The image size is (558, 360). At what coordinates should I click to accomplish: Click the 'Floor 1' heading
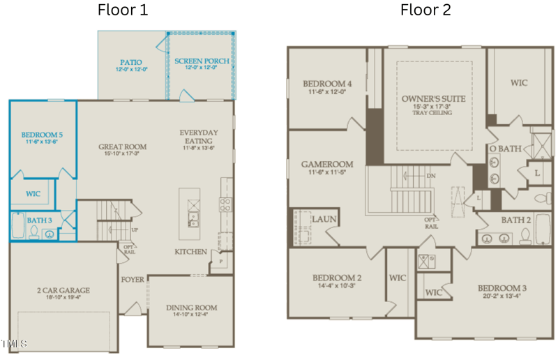(123, 10)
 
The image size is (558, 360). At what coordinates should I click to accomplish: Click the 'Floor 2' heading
(425, 10)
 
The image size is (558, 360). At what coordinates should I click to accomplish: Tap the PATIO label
(130, 62)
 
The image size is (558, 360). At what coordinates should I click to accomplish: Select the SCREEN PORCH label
(202, 61)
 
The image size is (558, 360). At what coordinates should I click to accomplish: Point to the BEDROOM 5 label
(42, 135)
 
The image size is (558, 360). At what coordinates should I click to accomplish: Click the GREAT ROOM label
(122, 147)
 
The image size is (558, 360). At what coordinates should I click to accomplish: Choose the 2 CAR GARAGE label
(63, 290)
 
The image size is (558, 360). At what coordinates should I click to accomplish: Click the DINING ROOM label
(191, 308)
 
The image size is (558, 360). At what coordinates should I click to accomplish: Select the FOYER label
(133, 280)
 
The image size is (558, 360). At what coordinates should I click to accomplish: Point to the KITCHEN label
(190, 251)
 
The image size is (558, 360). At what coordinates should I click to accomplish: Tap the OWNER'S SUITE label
(433, 99)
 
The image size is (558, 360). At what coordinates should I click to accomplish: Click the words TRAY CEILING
(433, 113)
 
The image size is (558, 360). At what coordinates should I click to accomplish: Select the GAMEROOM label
(327, 165)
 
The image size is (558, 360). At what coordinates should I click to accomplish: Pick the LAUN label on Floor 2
(324, 219)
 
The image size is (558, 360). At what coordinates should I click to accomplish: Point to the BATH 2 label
(517, 220)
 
